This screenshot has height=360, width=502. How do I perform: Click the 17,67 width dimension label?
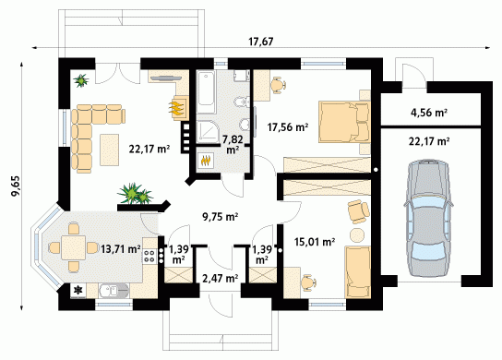coord(261,42)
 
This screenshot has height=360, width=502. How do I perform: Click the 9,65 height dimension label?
coord(16,186)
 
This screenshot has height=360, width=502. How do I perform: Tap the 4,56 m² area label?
coord(429,113)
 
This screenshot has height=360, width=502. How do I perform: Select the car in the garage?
coord(428,218)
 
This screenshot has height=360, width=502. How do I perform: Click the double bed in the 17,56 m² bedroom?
coord(344,122)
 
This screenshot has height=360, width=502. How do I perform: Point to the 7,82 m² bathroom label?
coord(233,144)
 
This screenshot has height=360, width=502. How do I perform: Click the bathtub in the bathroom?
coord(205,92)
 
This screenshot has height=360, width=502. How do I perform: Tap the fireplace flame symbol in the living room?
coord(177,107)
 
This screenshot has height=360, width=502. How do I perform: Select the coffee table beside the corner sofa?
coord(109,150)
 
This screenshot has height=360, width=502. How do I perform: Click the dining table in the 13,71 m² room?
coord(74,247)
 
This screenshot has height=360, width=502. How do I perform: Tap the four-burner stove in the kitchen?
coord(149,256)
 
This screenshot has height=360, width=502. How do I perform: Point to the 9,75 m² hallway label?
coord(220,217)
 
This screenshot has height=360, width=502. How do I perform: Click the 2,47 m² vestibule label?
coord(220,278)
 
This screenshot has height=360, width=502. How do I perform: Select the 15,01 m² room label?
coord(315,242)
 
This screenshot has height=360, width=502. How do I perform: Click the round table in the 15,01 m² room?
coord(357,235)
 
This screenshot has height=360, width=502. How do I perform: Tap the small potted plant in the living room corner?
coord(81,80)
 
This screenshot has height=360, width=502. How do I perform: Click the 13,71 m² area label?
coord(120,249)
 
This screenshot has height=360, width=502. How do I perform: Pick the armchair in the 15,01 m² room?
coord(358,211)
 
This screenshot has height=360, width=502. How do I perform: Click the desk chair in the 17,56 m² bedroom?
coord(278,85)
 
